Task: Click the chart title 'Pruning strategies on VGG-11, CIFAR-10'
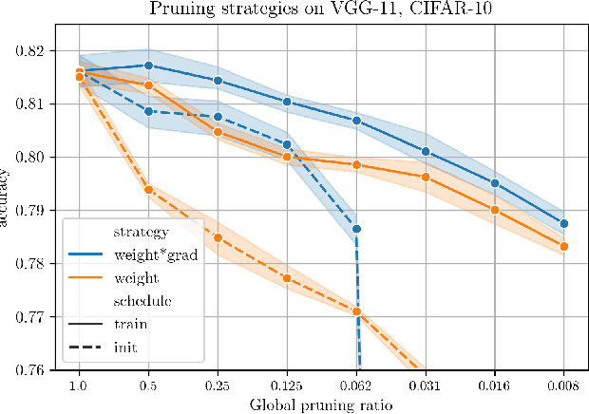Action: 319,10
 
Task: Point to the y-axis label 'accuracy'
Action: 7,198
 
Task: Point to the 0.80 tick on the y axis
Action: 40,157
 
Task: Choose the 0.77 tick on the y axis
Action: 40,316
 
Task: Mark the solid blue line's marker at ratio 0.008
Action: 564,224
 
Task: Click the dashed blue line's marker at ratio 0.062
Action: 356,229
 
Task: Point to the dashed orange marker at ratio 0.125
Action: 287,278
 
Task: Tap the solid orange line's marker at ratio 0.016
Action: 495,210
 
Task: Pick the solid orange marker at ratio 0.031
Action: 426,178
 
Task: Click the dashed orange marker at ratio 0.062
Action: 356,311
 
